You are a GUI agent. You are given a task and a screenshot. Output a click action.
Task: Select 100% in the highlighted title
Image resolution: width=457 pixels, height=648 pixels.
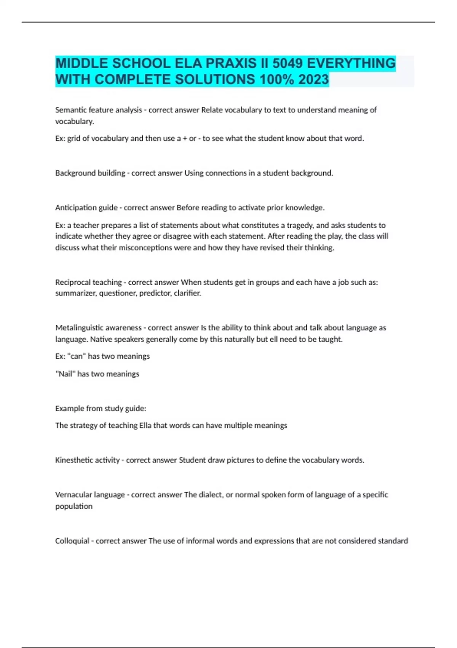276,80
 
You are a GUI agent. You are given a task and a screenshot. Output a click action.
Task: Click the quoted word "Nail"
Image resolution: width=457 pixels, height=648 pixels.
65,374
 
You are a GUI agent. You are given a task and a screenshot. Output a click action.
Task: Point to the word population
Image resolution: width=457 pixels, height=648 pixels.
74,506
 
